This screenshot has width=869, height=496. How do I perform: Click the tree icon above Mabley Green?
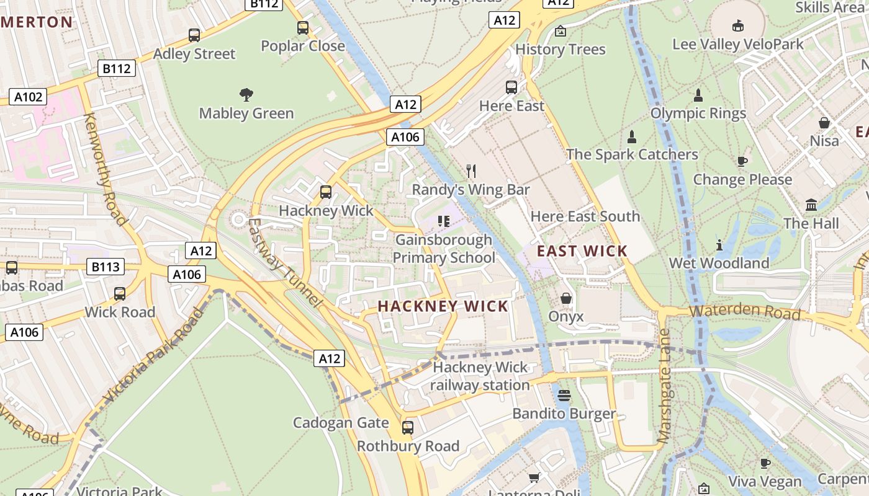click(246, 95)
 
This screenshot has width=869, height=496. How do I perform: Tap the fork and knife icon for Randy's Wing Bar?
click(471, 171)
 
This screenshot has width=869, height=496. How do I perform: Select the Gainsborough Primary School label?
click(444, 249)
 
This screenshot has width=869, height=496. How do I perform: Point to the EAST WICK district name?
click(582, 251)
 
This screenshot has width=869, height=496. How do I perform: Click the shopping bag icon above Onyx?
click(566, 298)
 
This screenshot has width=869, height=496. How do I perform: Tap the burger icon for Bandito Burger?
click(564, 395)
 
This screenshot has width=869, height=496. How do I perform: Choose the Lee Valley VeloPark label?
click(738, 45)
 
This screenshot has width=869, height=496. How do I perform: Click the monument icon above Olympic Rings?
click(698, 95)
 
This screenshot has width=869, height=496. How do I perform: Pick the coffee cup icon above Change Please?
click(742, 161)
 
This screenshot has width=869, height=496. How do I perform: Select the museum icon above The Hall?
click(811, 205)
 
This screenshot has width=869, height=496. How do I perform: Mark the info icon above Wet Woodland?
click(719, 245)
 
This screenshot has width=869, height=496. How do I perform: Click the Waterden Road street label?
click(745, 312)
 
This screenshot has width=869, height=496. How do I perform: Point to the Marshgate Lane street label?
click(664, 386)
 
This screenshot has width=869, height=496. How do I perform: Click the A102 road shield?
click(28, 97)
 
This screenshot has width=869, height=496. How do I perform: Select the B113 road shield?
click(106, 267)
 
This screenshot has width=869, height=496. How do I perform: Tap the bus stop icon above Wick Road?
click(120, 293)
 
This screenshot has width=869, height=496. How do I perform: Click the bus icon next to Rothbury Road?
click(408, 427)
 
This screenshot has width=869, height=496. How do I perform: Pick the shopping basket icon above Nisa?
click(824, 123)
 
